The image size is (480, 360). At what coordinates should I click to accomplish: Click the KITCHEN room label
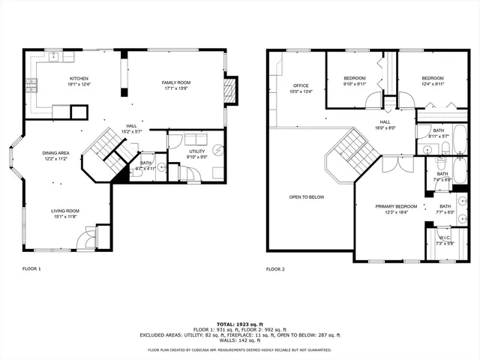[79, 79]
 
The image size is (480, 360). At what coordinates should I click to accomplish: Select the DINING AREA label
[56, 153]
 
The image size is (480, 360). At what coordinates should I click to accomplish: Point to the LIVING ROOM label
[65, 211]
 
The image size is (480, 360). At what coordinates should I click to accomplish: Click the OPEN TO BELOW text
[307, 197]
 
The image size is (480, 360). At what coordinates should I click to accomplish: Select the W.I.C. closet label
[441, 238]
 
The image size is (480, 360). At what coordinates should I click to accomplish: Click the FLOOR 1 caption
[32, 268]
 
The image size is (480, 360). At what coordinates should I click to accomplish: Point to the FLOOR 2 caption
[275, 268]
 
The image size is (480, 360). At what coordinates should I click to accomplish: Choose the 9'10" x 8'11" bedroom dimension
[355, 85]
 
